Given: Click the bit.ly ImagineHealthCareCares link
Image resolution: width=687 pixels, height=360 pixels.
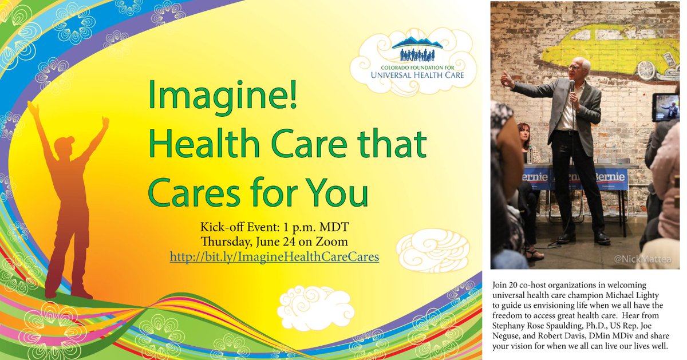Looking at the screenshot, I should (274, 257).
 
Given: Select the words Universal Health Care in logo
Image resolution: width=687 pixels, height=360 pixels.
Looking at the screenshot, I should (416, 74).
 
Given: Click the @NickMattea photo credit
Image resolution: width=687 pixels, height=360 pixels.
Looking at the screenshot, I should (645, 259).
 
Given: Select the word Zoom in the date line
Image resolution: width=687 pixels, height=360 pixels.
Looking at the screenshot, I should (332, 242).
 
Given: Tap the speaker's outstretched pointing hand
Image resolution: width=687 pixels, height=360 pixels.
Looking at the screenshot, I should (507, 79).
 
